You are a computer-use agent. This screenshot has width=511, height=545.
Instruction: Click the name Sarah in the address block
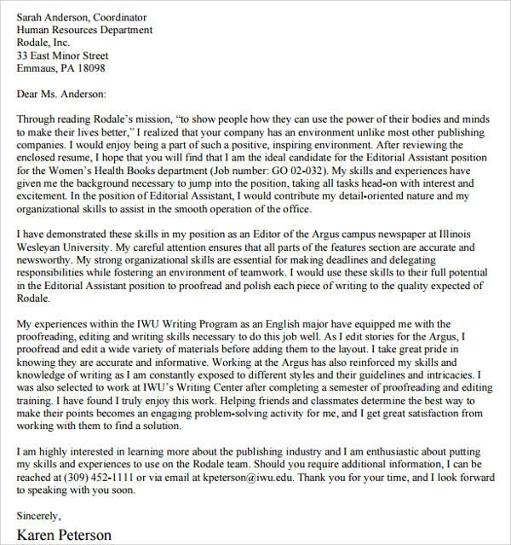tap(32, 17)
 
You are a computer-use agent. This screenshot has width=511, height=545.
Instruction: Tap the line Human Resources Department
tap(84, 30)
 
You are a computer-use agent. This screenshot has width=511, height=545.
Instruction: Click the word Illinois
tap(464, 235)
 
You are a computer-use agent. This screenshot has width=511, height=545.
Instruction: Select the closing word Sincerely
tap(39, 516)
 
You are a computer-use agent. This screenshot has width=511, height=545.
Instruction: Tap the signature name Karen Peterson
tap(65, 536)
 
